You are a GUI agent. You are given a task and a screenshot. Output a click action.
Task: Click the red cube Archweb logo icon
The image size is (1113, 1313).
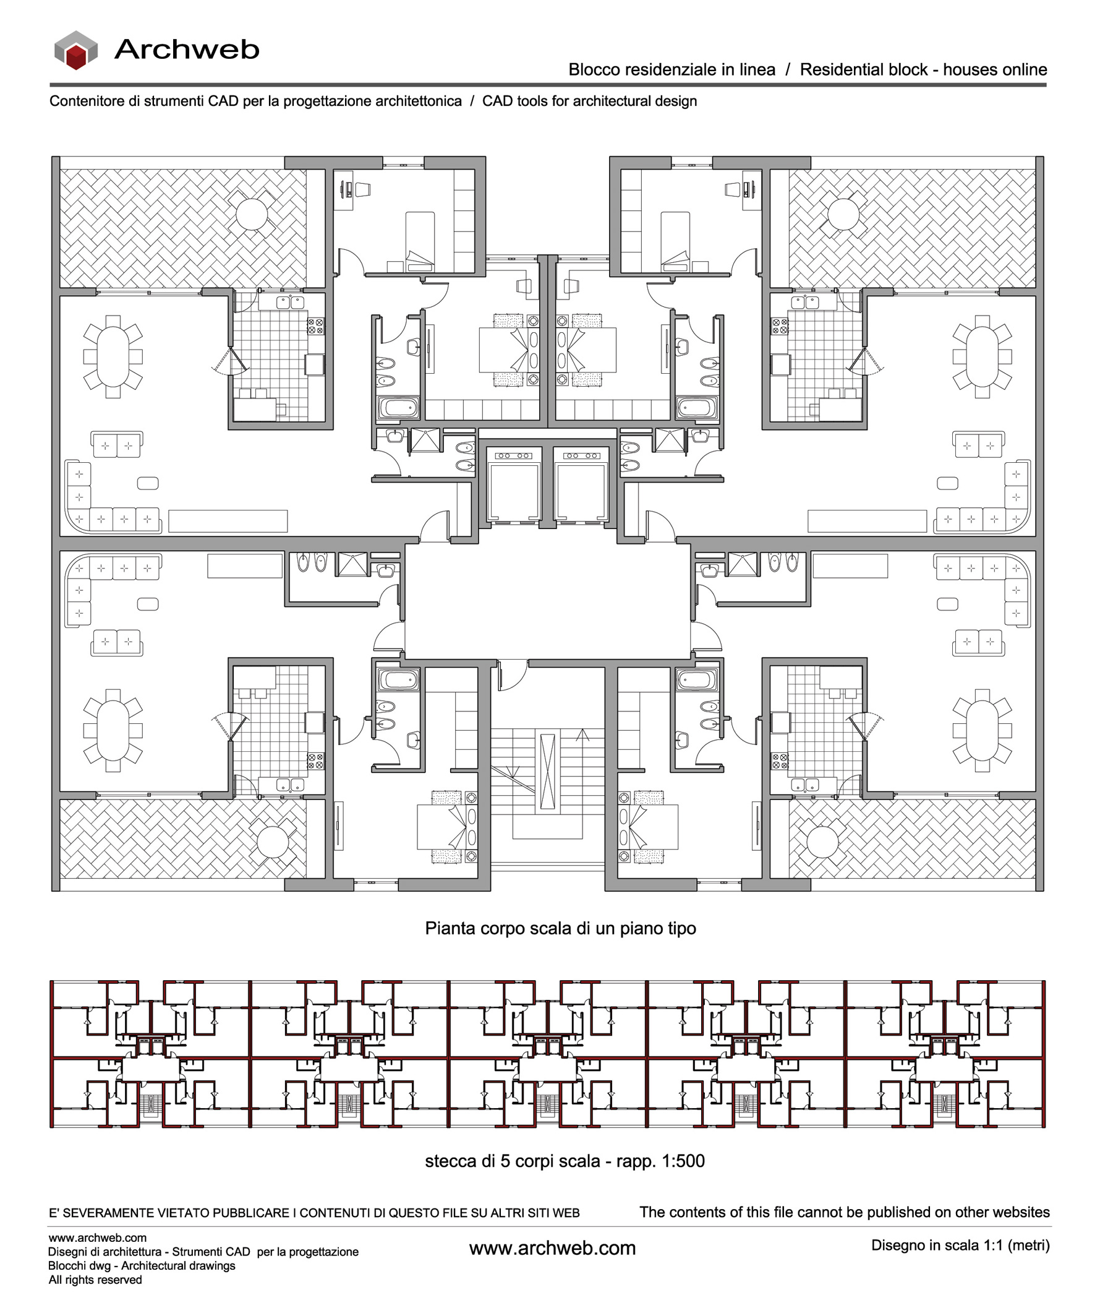75,50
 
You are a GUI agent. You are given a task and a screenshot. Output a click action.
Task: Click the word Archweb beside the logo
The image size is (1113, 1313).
187,50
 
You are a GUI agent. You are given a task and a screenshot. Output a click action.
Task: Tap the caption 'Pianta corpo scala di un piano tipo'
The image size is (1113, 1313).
560,929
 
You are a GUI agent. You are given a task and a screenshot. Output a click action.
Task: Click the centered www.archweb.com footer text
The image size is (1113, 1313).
552,1248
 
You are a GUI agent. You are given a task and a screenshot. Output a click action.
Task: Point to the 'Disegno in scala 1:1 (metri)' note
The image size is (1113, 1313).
960,1245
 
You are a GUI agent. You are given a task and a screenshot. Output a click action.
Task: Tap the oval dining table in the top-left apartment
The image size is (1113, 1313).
113,356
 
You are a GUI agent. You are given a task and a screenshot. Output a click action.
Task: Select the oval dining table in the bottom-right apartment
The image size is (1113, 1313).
982,730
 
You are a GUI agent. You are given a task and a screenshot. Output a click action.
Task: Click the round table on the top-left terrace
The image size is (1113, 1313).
252,214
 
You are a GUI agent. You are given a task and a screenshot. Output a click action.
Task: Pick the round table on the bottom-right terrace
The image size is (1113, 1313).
823,842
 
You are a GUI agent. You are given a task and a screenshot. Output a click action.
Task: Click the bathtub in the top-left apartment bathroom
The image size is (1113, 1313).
398,408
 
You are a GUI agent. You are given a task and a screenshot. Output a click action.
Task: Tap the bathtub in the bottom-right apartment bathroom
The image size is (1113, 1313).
697,680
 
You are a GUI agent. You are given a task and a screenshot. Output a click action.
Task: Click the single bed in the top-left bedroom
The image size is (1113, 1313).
420,240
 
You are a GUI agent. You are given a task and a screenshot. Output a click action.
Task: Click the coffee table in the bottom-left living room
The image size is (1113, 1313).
148,604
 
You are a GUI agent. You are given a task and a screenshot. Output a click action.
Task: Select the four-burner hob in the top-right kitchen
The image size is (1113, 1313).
780,326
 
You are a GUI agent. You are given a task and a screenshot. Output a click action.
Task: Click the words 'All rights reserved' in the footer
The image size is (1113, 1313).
95,1280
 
